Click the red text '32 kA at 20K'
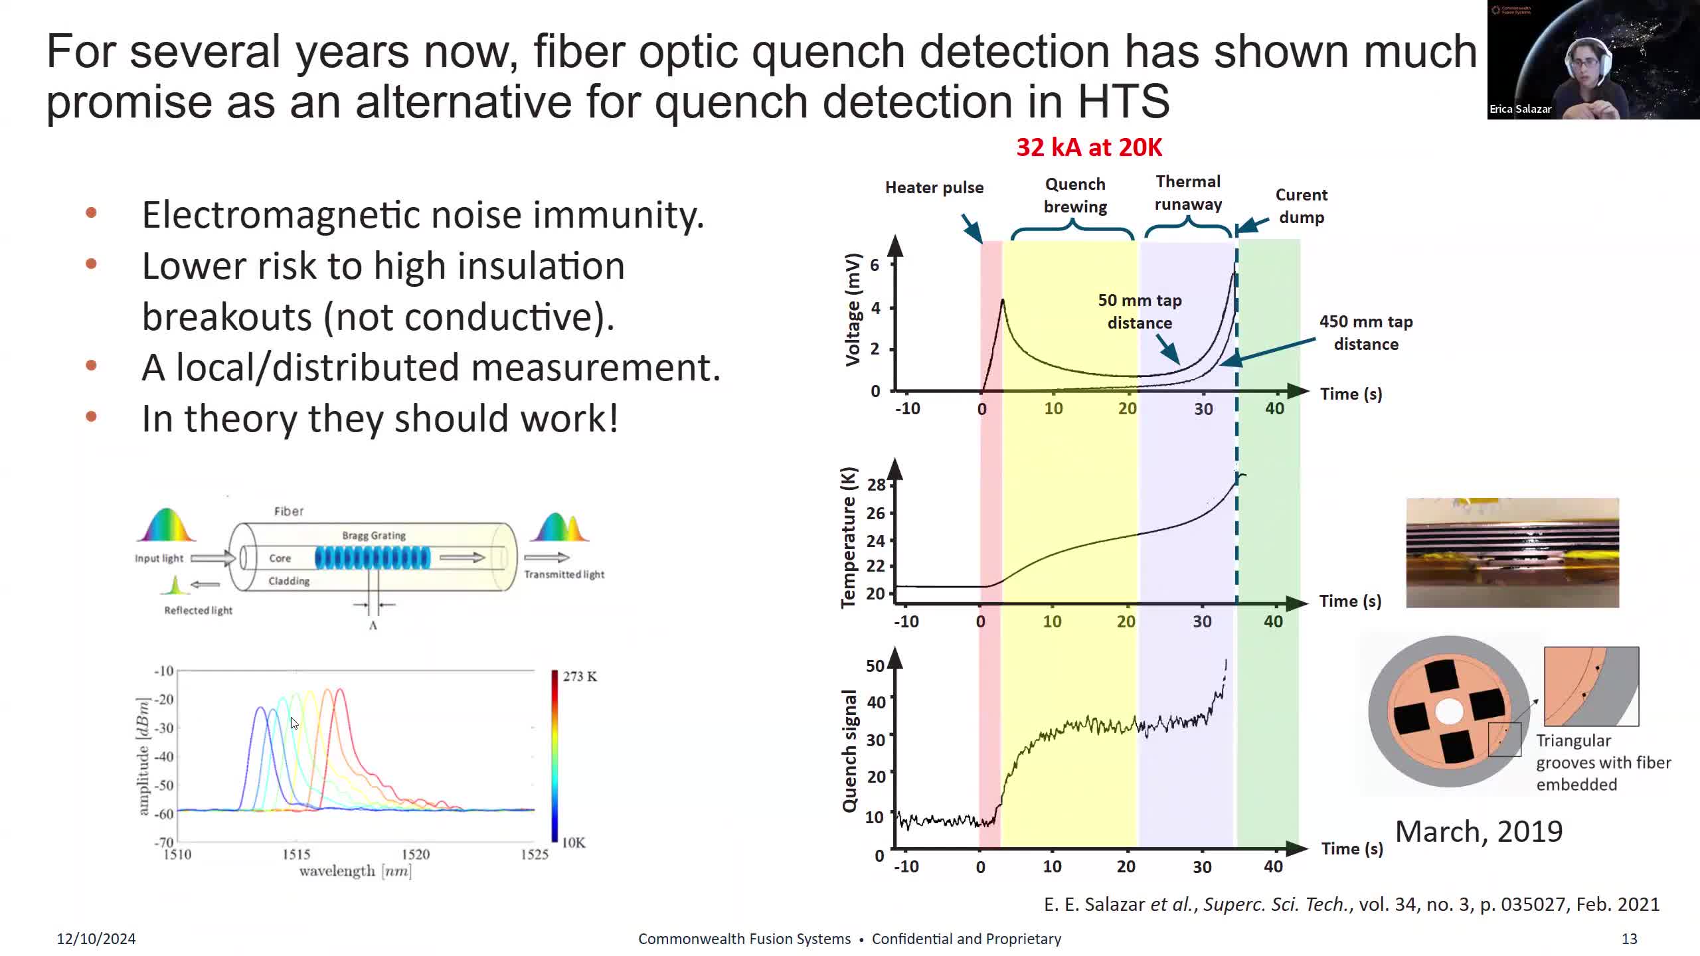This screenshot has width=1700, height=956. pos(1089,147)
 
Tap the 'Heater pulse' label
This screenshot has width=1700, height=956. pos(934,188)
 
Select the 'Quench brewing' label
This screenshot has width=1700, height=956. pos(1074,195)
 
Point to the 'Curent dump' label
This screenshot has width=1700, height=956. pos(1301,206)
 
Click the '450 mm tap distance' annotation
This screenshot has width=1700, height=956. pos(1366,333)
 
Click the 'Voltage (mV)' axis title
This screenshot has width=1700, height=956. pos(853,309)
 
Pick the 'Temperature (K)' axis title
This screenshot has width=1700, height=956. pos(849,538)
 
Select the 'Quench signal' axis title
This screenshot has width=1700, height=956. pos(849,751)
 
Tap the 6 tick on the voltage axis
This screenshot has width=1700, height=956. pos(875,266)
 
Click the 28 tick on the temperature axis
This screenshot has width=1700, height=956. pos(876,485)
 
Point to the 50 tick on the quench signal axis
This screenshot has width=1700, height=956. pos(875,666)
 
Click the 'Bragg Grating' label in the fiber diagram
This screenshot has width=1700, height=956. pos(374,535)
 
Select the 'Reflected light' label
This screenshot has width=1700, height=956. pos(198,610)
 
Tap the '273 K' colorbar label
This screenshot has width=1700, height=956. pos(580,677)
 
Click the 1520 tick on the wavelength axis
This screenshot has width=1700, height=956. pos(416,854)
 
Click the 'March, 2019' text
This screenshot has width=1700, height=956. pos(1479,832)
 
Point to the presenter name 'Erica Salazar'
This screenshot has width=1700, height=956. pos(1520,109)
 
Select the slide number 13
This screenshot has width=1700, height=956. pos(1629,939)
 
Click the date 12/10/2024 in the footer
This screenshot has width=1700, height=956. pos(96,939)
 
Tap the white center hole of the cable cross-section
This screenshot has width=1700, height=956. pos(1448,712)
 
